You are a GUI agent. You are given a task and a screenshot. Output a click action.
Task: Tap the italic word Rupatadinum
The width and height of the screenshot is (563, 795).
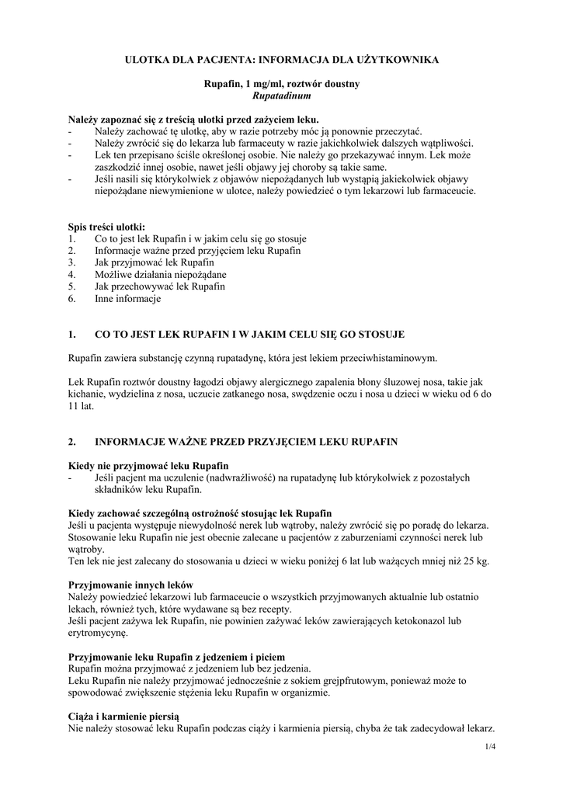tap(282, 95)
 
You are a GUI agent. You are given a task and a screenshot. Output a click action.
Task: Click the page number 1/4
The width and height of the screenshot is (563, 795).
tap(488, 747)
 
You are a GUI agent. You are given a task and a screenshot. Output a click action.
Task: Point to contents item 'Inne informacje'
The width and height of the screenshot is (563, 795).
tap(127, 299)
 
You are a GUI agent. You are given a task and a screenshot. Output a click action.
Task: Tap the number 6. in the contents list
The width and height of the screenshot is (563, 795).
tap(71, 299)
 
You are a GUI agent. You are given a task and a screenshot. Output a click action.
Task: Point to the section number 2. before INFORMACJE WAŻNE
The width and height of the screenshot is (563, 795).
tap(72, 442)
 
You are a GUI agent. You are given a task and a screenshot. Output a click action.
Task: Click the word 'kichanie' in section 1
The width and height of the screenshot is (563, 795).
tap(86, 394)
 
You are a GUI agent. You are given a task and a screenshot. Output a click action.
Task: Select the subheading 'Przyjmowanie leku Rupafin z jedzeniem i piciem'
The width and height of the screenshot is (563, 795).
tap(177, 657)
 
